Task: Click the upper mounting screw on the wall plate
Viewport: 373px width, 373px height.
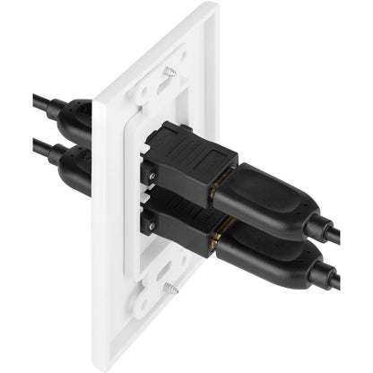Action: coord(169,72)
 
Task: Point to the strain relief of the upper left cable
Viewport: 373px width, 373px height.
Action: coord(54,107)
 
